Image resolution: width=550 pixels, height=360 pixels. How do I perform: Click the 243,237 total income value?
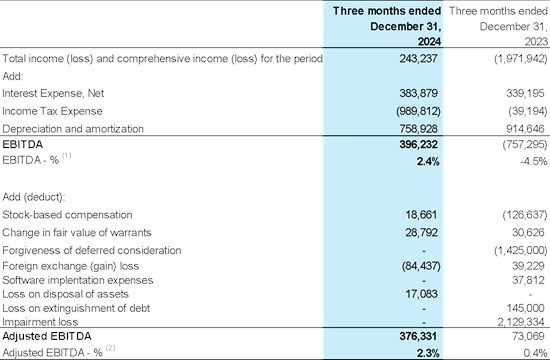[x=418, y=58]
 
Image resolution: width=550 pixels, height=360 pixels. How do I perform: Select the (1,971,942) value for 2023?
[x=521, y=58]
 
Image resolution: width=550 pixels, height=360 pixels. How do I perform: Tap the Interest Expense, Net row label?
[x=53, y=93]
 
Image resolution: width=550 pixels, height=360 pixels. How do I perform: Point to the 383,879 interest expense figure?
[x=418, y=93]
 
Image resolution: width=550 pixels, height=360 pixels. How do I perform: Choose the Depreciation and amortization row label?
[x=73, y=129]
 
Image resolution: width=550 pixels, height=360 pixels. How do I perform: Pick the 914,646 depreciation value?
[x=525, y=129]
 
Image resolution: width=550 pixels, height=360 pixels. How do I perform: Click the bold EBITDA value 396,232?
[x=418, y=144]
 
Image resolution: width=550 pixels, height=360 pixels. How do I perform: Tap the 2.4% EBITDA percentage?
[x=428, y=161]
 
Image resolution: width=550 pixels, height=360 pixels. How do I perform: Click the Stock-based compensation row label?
[x=67, y=215]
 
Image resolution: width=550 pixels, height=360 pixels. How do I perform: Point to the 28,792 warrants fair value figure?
[x=421, y=233]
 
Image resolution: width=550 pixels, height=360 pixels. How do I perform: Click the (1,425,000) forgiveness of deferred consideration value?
[x=521, y=250]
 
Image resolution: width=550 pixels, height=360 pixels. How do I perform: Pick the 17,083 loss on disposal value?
[x=421, y=294]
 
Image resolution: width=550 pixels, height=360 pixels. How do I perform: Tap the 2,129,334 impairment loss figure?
[x=521, y=322]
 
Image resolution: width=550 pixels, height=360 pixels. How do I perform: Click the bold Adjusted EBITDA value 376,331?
[x=418, y=336]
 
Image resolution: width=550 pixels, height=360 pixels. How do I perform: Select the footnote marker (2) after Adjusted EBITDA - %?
[x=110, y=348]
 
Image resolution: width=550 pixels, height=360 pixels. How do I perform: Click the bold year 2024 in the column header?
[x=429, y=42]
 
